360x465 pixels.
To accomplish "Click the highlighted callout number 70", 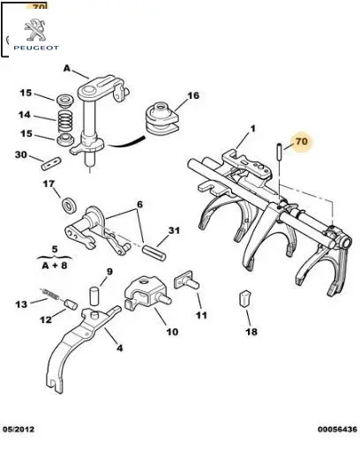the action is [302, 141].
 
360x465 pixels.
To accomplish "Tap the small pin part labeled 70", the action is [279, 151].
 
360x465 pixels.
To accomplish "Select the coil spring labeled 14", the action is [65, 121].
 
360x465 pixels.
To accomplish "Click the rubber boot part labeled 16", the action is [161, 117].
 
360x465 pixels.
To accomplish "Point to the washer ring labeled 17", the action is [70, 205].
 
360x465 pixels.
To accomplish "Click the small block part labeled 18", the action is [245, 298].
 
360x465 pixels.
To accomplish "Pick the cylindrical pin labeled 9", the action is [94, 296].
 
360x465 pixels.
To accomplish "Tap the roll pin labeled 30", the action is [51, 164].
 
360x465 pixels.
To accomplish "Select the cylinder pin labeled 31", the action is [154, 252].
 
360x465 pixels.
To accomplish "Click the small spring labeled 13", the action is [50, 294].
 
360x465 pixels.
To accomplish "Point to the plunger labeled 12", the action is [71, 304].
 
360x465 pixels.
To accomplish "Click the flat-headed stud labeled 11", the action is [186, 281].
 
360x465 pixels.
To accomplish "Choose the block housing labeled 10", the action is [146, 294].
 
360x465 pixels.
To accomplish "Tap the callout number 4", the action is [119, 348].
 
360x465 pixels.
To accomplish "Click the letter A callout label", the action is [67, 69].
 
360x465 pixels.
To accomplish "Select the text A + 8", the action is [55, 265].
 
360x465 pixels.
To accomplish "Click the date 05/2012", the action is [19, 429].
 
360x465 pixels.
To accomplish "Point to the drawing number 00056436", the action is [337, 429].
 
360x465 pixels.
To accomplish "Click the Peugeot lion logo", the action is [35, 30].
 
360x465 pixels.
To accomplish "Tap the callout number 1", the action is [252, 129].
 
